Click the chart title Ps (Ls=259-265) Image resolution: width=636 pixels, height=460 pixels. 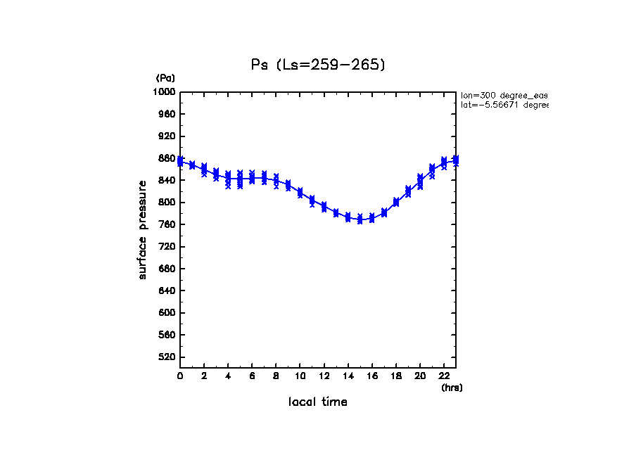click(x=318, y=65)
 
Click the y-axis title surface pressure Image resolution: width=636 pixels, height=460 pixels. click(x=143, y=229)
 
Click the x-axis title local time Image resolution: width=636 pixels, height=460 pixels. click(x=317, y=402)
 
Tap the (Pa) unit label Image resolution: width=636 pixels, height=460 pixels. click(x=165, y=78)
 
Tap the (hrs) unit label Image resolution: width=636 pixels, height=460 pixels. click(x=452, y=387)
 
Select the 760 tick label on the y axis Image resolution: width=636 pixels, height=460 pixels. click(x=167, y=224)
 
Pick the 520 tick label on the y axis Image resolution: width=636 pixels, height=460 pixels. click(x=167, y=357)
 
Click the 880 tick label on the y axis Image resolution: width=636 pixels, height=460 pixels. click(x=167, y=158)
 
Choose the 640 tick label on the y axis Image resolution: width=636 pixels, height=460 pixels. click(x=167, y=290)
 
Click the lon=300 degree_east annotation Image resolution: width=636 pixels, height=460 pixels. click(x=504, y=95)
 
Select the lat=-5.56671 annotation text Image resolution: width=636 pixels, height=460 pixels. click(x=504, y=105)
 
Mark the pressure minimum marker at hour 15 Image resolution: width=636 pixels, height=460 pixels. click(x=360, y=219)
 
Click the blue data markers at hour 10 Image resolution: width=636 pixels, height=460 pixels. click(x=300, y=193)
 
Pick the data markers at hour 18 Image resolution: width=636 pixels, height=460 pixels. click(x=395, y=202)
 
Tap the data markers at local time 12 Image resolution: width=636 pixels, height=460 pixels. click(x=324, y=206)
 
